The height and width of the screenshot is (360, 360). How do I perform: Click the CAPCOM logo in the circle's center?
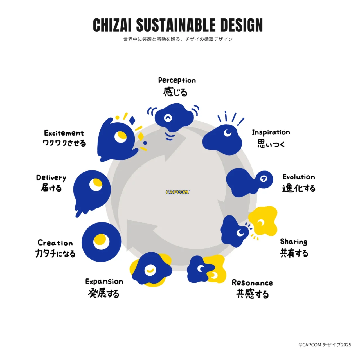coord(177,192)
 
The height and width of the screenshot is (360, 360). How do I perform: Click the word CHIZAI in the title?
coord(112,25)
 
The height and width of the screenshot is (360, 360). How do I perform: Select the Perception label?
coord(177,80)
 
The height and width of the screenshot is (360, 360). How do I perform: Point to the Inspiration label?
coord(271,132)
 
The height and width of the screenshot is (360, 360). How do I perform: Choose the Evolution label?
coord(299,177)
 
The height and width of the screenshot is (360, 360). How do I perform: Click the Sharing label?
coord(294,242)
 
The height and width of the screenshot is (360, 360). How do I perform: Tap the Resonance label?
coord(252,283)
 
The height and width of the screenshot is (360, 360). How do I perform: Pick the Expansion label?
coord(104,282)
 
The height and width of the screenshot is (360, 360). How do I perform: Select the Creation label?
coord(55,243)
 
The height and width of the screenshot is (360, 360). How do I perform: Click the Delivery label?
coord(51,178)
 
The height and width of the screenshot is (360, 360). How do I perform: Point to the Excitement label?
coord(64,133)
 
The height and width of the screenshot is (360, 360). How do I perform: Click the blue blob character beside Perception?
coord(174,117)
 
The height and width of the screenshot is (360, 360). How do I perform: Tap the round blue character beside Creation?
coord(101,242)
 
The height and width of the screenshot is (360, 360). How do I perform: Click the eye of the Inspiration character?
coord(228,132)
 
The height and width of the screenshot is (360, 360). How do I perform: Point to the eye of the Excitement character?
coord(121,137)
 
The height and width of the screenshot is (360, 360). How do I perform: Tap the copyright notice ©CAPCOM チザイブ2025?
coord(325,345)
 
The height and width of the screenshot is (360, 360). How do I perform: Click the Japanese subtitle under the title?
coord(178,39)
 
